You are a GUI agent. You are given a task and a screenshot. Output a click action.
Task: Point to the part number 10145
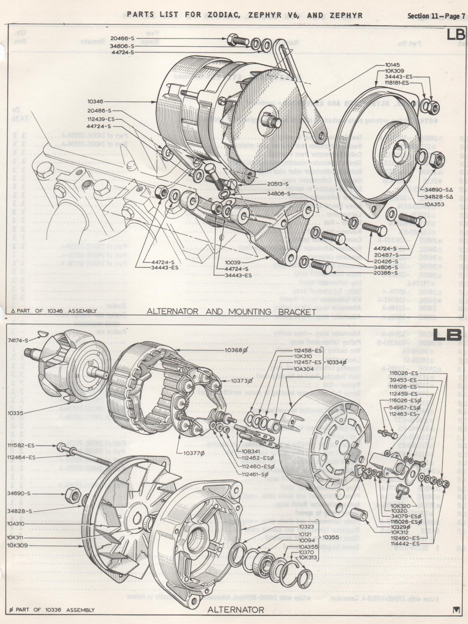[x=395, y=64]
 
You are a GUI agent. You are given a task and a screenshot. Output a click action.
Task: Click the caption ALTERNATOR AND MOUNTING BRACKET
[x=232, y=312]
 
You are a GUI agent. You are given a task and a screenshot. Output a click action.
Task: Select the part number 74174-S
[x=18, y=340]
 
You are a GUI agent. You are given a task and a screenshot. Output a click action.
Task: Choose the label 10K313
[x=308, y=557]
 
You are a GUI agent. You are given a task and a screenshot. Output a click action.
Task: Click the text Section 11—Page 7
[x=436, y=16]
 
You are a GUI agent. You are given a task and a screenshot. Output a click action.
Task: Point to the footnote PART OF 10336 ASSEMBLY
[x=53, y=610]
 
